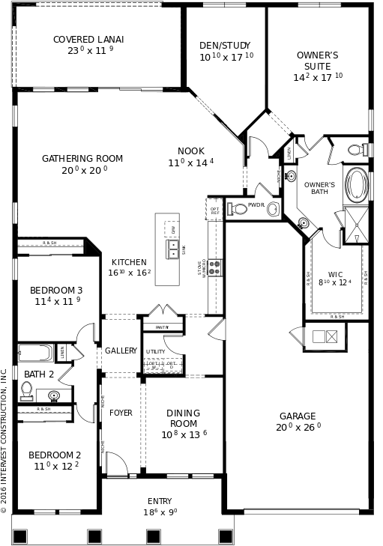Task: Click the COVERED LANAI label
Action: pos(88,40)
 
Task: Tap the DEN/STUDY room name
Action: pos(225,46)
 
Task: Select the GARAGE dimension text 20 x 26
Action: pos(298,427)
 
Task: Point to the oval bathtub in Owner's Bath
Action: pos(356,185)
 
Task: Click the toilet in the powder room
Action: pos(273,209)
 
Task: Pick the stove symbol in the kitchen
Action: pos(214,268)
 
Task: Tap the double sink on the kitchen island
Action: pos(173,249)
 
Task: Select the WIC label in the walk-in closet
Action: pos(335,274)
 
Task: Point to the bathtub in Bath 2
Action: pos(35,352)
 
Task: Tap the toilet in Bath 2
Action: pos(27,390)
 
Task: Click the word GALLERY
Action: pos(121,351)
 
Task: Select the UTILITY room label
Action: pos(155,351)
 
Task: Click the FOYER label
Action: pos(121,413)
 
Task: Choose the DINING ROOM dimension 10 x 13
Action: pos(184,434)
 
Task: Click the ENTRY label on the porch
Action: pos(160,501)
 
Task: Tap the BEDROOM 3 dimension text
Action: pos(57,302)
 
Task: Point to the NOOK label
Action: pos(190,151)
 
